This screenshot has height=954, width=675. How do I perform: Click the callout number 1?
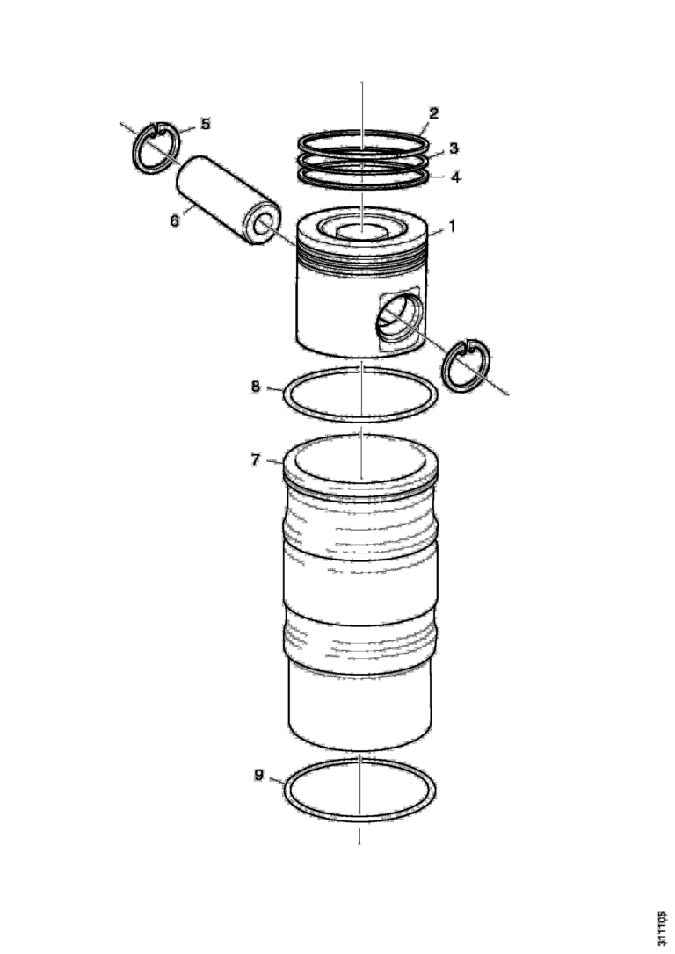point(452,227)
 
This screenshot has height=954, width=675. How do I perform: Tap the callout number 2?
point(433,113)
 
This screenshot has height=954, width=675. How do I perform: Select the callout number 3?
point(454,148)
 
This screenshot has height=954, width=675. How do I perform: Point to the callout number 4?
point(455,177)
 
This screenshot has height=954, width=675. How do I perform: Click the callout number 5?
point(206,124)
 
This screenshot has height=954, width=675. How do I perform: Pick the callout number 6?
point(175,220)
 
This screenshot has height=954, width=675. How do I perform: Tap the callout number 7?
point(256,459)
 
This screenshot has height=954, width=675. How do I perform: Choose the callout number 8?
point(256,387)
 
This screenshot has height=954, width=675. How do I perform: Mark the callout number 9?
point(258,775)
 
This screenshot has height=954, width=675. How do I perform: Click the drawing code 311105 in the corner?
point(662,928)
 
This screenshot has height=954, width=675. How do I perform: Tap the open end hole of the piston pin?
point(263,225)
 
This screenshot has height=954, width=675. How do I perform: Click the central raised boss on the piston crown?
point(362,230)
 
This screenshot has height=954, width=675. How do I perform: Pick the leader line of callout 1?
point(437,231)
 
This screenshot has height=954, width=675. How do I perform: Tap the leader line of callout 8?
point(275,389)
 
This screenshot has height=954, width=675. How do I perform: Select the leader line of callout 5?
point(187,129)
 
